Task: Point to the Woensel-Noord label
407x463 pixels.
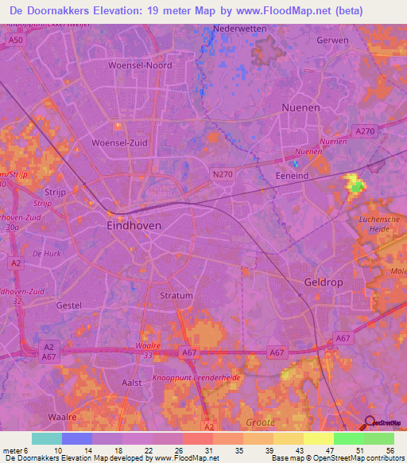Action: coord(140,65)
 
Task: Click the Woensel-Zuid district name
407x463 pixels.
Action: coord(120,142)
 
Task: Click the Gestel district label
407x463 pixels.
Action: coord(69,305)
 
